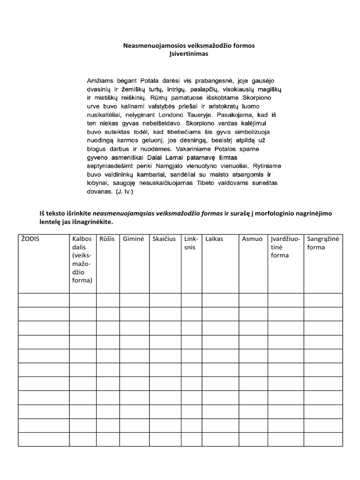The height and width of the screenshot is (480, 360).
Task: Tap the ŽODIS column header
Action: (30, 239)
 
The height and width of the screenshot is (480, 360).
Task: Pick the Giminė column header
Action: (133, 239)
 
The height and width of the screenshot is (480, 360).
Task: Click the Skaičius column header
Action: (164, 239)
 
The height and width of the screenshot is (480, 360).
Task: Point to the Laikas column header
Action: (214, 239)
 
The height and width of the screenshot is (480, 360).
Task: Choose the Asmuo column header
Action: (252, 239)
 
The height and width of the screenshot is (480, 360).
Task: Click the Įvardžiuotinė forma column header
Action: (285, 247)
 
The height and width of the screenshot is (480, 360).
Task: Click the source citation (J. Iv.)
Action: (123, 191)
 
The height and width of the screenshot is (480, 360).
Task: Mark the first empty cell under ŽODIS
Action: (44, 300)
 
